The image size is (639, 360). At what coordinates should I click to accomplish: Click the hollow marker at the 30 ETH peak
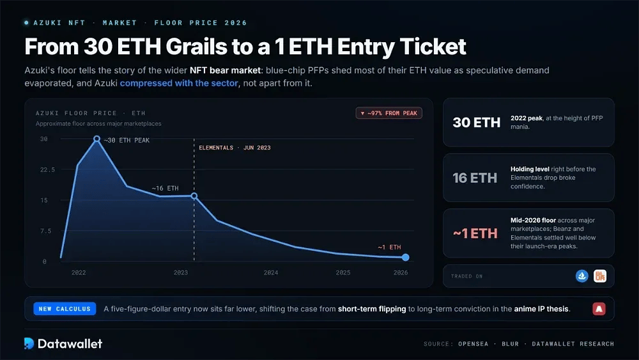(96, 139)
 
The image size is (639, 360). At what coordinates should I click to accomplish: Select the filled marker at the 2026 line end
(406, 257)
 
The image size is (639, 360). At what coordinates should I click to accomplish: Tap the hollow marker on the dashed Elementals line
(194, 196)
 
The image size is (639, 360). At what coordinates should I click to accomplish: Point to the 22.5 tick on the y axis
(47, 169)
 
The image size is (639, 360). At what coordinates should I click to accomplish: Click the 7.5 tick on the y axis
(45, 231)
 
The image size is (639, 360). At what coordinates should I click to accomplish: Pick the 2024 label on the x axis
(271, 273)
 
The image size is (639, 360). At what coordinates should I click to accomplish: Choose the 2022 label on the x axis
(79, 273)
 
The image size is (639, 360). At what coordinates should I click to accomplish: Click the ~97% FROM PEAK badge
(389, 113)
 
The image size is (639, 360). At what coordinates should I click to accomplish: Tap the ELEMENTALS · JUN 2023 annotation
(235, 148)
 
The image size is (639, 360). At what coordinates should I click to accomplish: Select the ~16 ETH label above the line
(165, 189)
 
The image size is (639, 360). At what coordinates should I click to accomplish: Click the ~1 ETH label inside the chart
(389, 247)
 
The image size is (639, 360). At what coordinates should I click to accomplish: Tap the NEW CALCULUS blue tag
(65, 309)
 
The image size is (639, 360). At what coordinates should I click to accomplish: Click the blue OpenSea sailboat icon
(582, 276)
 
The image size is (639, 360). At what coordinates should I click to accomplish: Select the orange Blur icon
(600, 276)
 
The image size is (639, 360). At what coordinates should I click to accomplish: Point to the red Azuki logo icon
(599, 309)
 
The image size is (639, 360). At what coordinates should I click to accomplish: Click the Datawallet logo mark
(29, 343)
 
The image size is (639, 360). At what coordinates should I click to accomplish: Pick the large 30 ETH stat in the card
(477, 122)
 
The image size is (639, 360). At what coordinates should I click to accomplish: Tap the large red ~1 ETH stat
(475, 233)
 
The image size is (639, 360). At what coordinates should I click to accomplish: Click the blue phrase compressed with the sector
(179, 83)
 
